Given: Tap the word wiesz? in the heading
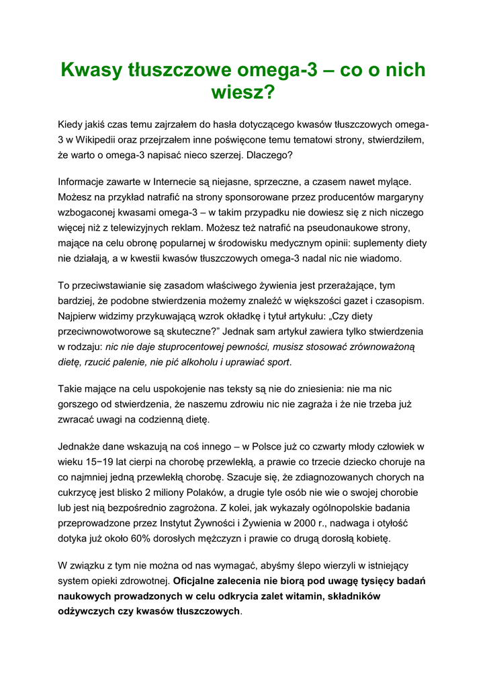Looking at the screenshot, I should point(243,92).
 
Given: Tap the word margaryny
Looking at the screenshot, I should point(399,196).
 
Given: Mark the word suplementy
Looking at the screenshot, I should point(379,243).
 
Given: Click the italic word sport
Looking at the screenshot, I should point(278,361).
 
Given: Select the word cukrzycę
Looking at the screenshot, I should point(77,492).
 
